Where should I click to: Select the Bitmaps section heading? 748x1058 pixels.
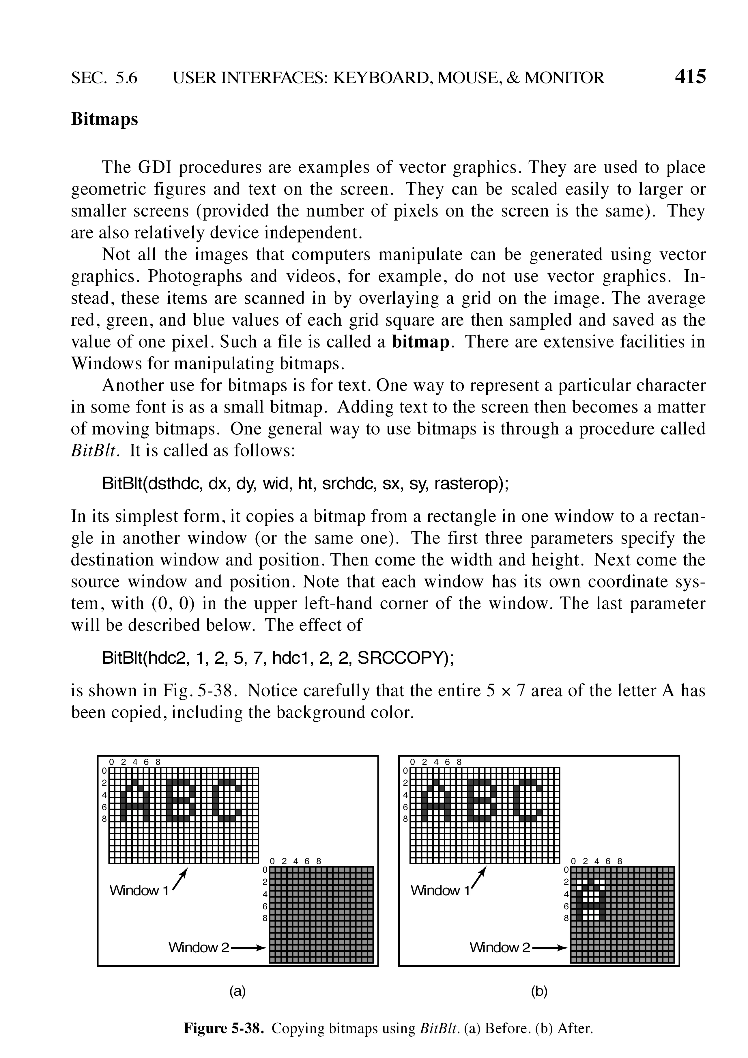coord(104,119)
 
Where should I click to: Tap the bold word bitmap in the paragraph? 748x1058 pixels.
coord(420,342)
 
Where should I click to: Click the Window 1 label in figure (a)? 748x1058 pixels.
coord(139,890)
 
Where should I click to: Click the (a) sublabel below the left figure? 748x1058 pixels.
coord(238,991)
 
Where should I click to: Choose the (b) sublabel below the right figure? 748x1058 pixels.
coord(539,991)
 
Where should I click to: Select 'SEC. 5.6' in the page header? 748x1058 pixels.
coord(104,78)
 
